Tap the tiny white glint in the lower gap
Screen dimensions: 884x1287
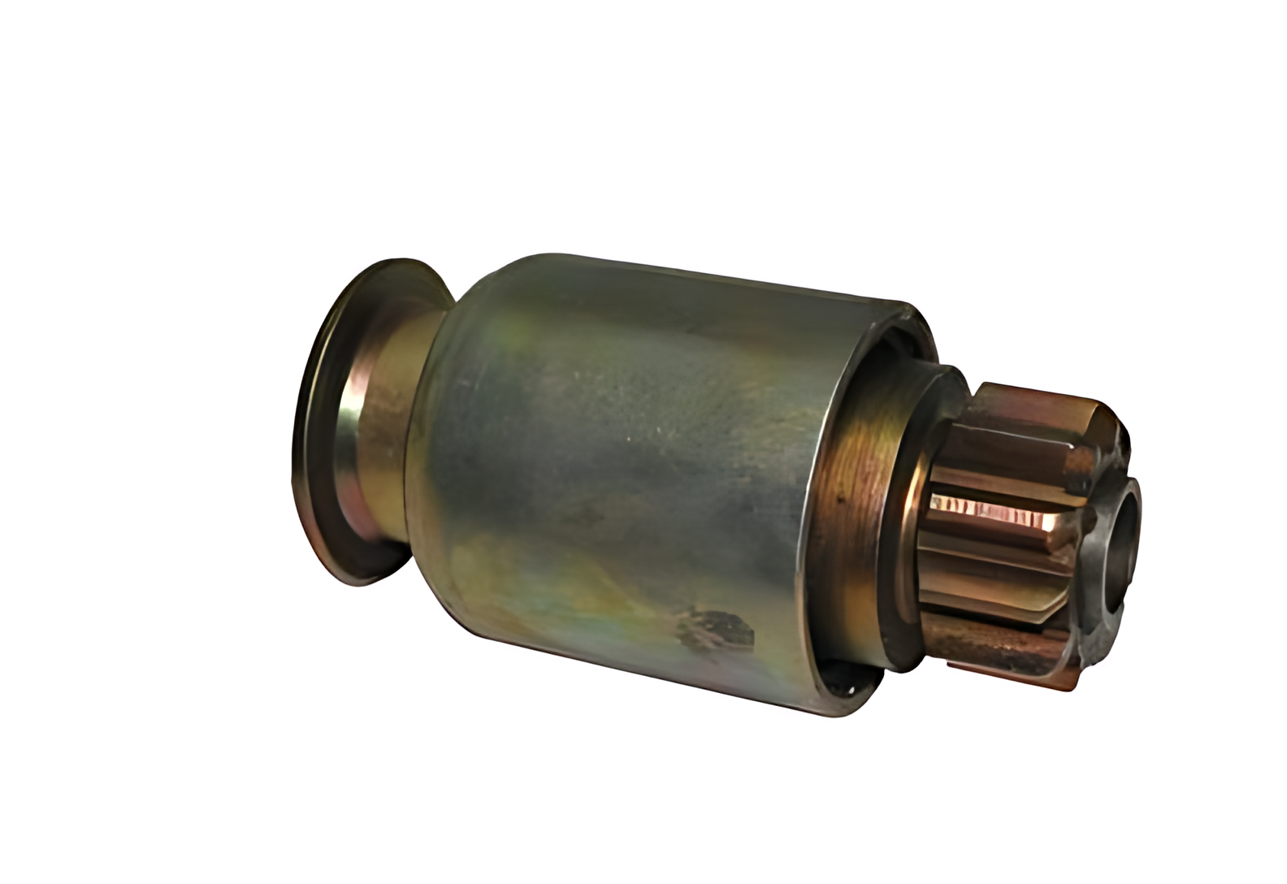coord(850,690)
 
